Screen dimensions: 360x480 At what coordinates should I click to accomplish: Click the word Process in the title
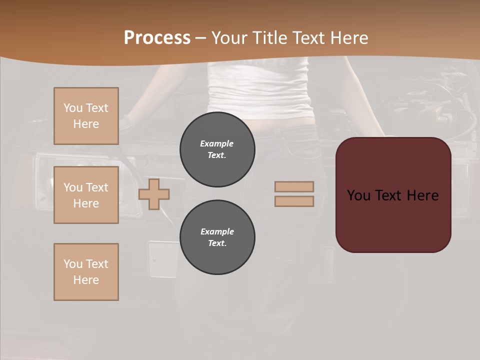tap(157, 38)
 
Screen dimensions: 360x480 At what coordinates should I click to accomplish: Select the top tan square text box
tap(86, 116)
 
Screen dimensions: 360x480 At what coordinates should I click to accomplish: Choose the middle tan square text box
tap(86, 195)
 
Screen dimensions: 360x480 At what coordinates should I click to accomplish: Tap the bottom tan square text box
tap(86, 272)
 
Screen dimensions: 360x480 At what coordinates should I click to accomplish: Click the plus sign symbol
tap(154, 194)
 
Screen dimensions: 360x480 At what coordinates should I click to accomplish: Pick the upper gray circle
tap(217, 149)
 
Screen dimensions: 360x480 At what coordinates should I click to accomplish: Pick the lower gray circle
tap(217, 237)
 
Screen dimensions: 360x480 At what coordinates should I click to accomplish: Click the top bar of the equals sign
tap(294, 187)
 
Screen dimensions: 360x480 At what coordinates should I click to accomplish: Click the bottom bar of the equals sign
tap(294, 201)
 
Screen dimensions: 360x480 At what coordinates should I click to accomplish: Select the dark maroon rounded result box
tap(393, 220)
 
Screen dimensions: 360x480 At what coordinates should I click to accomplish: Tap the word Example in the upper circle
tap(216, 143)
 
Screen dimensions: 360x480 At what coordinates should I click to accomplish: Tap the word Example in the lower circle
tap(217, 231)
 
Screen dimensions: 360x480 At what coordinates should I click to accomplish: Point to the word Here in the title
tap(349, 38)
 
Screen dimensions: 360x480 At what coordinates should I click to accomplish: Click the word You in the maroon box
tap(358, 195)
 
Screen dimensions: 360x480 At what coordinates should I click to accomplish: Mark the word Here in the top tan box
tap(86, 124)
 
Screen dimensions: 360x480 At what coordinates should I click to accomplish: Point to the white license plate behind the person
tap(162, 259)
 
